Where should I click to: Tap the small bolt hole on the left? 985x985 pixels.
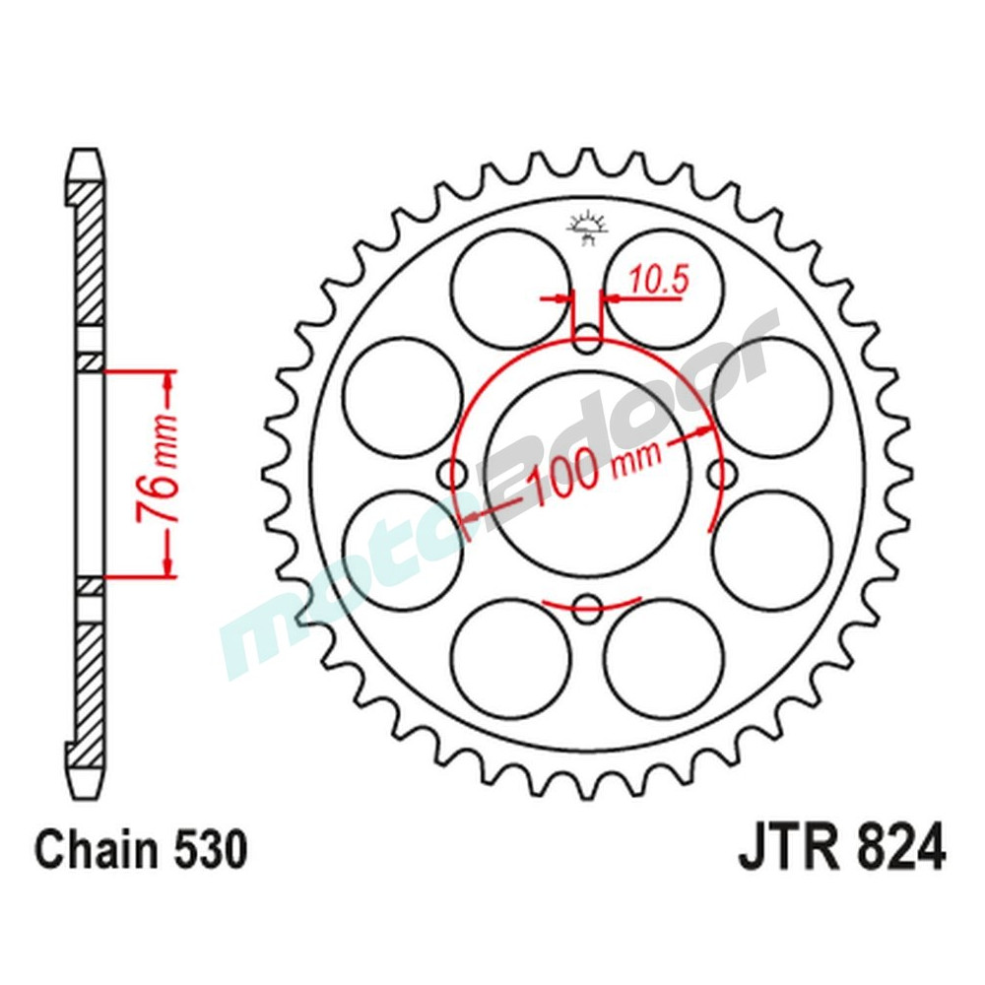point(456,474)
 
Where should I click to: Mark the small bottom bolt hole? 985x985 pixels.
point(588,607)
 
